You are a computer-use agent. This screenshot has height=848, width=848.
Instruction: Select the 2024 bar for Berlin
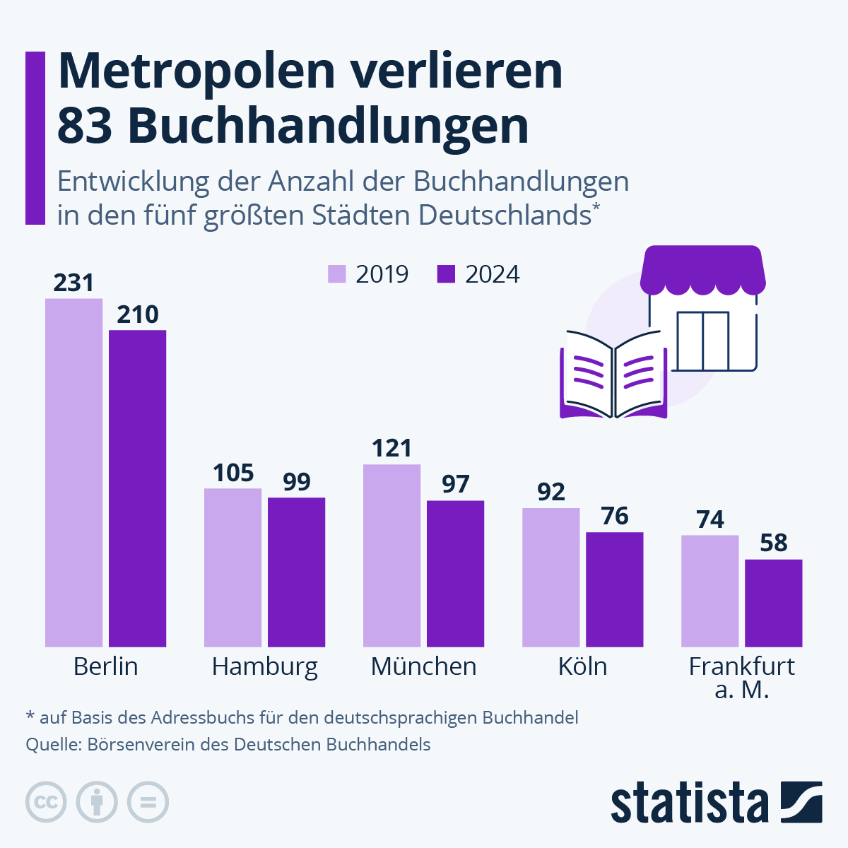tap(137, 488)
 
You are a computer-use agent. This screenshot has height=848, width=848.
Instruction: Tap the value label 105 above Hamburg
tap(233, 473)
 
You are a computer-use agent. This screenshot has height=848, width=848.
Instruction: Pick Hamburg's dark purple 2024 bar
tap(296, 572)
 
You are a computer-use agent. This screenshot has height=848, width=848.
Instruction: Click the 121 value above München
tap(391, 448)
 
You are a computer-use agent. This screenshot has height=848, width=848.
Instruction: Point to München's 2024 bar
tap(455, 573)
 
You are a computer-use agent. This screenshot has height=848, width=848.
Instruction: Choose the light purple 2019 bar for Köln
tap(550, 577)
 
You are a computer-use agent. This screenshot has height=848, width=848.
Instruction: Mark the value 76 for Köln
tap(615, 516)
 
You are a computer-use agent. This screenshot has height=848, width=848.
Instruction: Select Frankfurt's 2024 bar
tap(774, 603)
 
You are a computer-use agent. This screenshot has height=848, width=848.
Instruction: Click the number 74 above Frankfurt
tap(710, 519)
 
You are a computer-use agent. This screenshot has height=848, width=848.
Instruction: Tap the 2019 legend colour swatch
tap(337, 274)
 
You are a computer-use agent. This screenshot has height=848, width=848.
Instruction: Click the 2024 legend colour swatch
tap(447, 274)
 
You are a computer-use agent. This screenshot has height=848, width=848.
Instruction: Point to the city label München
tap(423, 666)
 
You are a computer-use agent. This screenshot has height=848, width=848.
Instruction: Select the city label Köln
tap(582, 666)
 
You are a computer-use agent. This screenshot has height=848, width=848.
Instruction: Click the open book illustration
tap(613, 375)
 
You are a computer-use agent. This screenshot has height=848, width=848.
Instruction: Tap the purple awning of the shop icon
tap(702, 269)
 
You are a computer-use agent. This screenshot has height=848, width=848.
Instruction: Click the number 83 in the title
tap(84, 126)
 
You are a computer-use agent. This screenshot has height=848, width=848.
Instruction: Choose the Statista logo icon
tap(801, 802)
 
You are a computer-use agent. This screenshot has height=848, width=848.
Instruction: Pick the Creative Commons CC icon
tap(46, 802)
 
